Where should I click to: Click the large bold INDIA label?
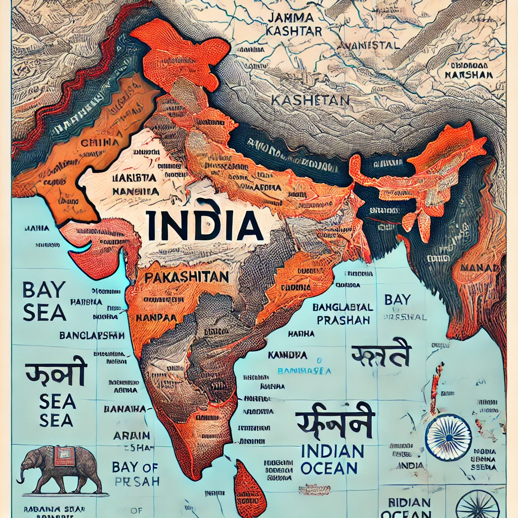tap(204, 226)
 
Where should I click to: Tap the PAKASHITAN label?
tap(186, 278)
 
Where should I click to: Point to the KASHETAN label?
tap(310, 100)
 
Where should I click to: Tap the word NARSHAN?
tap(468, 74)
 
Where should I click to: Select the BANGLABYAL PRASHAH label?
tap(342, 314)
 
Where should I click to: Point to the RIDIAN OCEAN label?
tap(410, 508)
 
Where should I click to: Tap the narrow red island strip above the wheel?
tap(435, 387)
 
